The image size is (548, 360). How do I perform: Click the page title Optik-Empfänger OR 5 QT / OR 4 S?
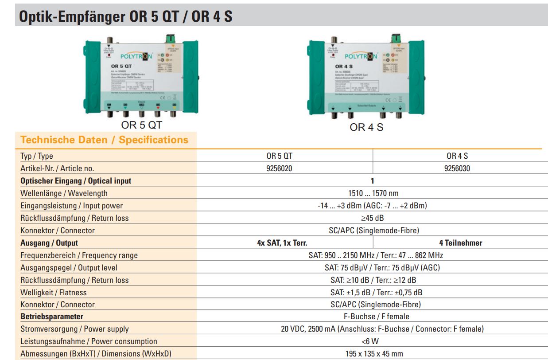pos(125,16)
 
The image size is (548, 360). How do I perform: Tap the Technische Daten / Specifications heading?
pos(105,140)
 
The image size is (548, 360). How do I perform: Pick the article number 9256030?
pos(457,168)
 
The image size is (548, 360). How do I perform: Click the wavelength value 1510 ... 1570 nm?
pos(372,193)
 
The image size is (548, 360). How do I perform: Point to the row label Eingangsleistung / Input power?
pos(72,206)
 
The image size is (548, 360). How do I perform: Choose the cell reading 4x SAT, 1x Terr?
pos(282,243)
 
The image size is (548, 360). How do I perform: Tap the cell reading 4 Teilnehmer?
pos(461,243)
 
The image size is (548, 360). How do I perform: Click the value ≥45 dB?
pos(372,218)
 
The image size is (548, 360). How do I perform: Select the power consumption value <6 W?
pos(372,341)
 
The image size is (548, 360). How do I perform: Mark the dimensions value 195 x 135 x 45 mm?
pos(372,354)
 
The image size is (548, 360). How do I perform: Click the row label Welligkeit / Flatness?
pos(54,293)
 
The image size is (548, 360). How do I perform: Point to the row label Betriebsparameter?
pos(52,317)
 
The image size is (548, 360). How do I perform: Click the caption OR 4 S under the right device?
pos(366,127)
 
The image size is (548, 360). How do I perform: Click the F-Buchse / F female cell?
pos(372,317)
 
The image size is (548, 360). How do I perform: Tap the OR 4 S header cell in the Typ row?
pos(457,156)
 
